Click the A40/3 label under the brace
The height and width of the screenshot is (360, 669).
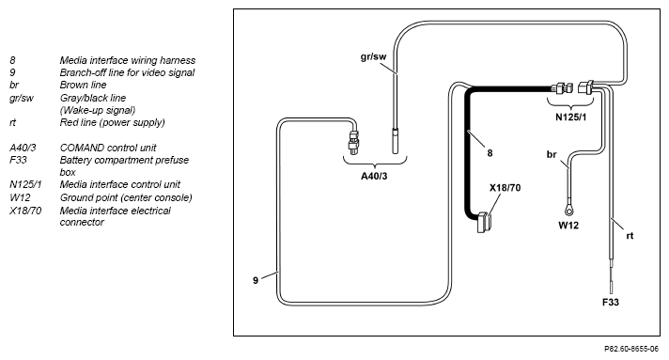point(374,176)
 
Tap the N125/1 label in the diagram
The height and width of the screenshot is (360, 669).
point(571,117)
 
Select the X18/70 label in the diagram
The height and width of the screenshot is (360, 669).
point(506,187)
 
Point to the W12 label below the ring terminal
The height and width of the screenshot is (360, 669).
point(568,225)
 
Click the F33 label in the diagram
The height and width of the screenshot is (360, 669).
point(611,302)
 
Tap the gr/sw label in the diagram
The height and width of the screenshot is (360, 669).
point(373,56)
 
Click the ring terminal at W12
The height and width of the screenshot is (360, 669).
point(568,210)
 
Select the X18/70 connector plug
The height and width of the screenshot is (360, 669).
point(484,222)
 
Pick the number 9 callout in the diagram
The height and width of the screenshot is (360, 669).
point(256,280)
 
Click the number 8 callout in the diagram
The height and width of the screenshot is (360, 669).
point(490,153)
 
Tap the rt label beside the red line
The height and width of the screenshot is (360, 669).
point(630,236)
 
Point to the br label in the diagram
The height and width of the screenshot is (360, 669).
point(552,154)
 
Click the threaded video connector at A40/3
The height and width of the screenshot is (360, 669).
point(353,142)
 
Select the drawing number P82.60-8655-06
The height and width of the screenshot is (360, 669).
point(631,349)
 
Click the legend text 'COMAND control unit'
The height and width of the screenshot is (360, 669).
point(108,148)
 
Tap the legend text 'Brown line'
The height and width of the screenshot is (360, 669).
point(83,85)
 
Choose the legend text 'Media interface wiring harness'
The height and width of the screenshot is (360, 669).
point(128,60)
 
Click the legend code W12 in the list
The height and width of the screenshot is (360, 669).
point(20,197)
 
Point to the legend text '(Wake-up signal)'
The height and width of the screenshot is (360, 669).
point(98,110)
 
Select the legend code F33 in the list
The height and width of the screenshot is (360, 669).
point(18,160)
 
